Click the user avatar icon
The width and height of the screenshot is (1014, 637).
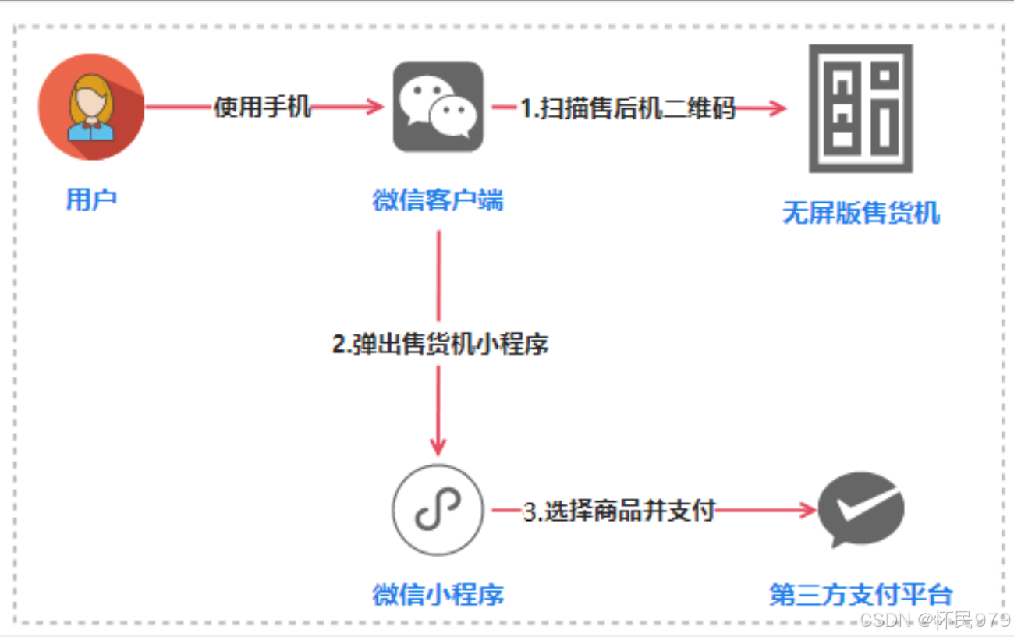coord(91,107)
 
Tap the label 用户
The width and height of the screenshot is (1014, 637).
coord(91,200)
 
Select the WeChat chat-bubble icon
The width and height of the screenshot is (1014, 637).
coord(438,107)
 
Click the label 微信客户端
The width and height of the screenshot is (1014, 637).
coord(438,200)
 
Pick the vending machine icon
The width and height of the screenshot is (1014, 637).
coord(860,108)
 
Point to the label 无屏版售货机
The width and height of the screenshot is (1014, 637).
coord(861,212)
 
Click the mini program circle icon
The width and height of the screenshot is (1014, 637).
coord(438,510)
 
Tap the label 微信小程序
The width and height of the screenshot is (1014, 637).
coord(438,595)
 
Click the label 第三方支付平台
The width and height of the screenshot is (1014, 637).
coord(861,595)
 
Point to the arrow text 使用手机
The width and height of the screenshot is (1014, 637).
coord(263,107)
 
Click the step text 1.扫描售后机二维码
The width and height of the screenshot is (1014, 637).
coord(628,108)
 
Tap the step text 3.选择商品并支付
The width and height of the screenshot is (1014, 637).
coord(619,511)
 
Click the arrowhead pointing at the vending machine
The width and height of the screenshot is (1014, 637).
coord(778,108)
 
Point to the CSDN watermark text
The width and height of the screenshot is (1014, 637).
coord(934,621)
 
